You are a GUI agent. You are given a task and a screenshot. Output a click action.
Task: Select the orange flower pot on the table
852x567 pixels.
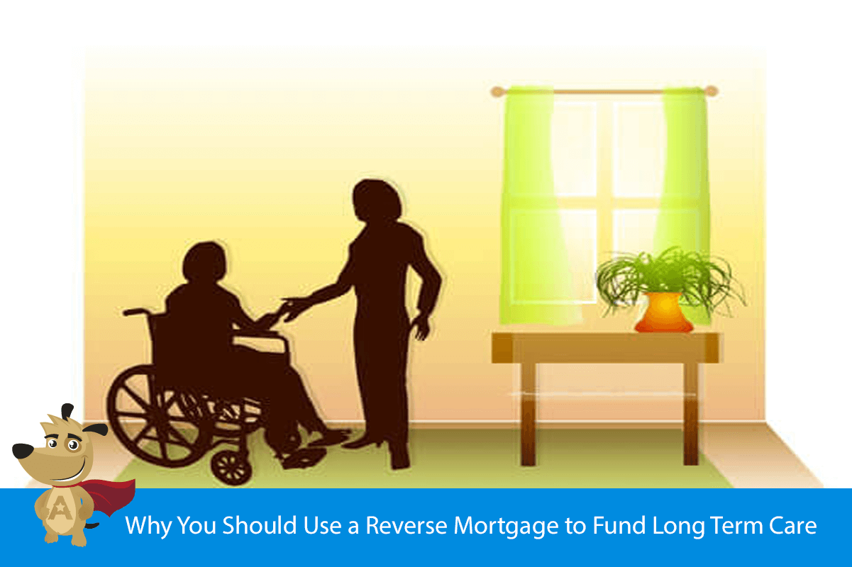(663, 313)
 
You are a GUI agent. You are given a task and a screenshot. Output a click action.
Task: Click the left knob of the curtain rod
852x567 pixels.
(496, 91)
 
